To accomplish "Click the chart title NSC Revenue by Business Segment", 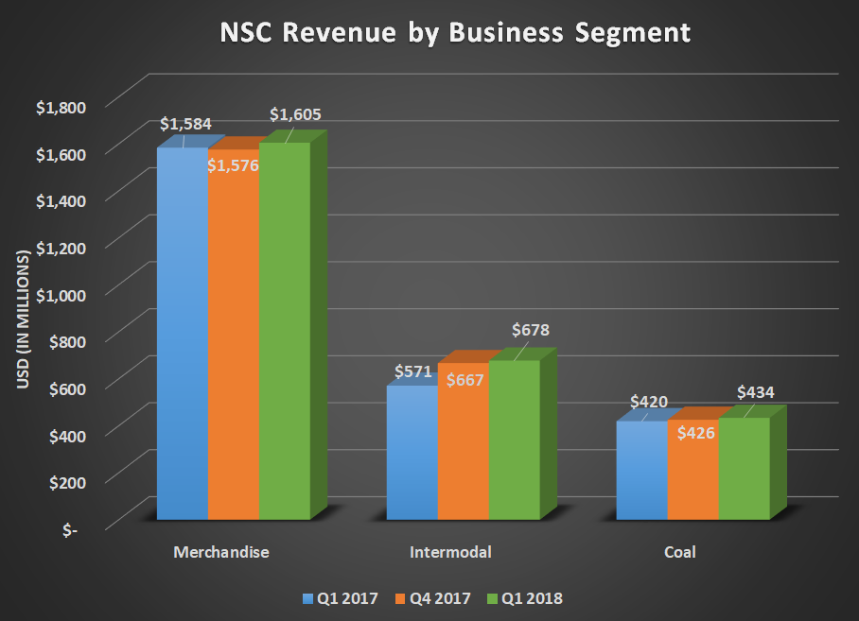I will tap(429, 33).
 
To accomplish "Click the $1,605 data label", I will tap(295, 114).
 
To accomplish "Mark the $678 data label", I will tap(530, 331).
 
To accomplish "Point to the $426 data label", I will tap(694, 433).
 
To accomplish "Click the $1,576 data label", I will tap(233, 164).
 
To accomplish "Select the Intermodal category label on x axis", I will tap(450, 552).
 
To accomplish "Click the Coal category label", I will tap(679, 552).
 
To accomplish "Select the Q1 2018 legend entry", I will tap(522, 597).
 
